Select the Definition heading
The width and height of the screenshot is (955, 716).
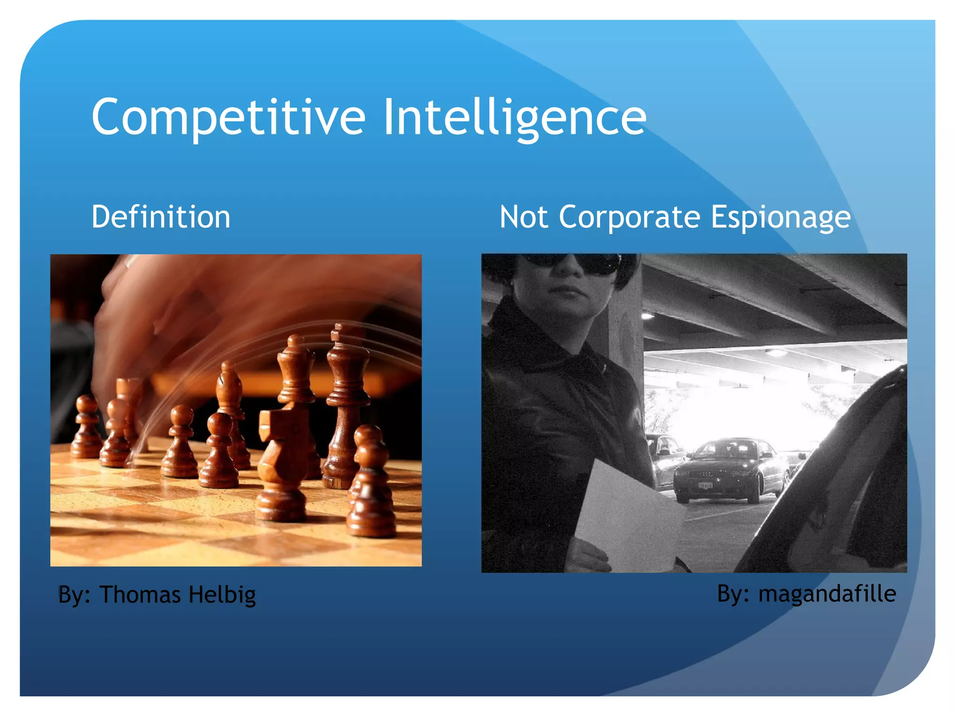click(161, 217)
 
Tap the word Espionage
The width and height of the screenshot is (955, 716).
click(781, 217)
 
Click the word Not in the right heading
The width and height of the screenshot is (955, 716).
click(523, 217)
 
